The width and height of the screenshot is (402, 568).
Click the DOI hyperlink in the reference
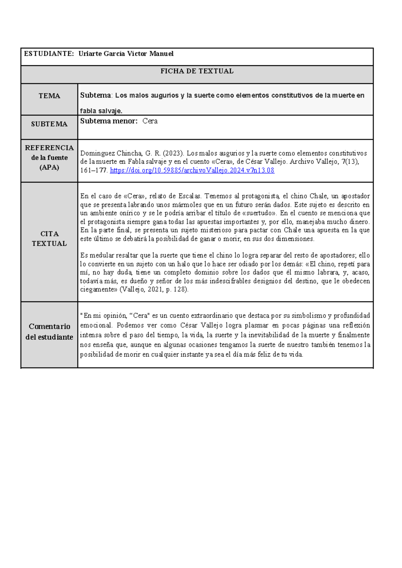point(192,170)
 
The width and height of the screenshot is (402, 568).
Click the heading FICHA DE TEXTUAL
point(197,71)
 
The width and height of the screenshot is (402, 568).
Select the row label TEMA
point(49,96)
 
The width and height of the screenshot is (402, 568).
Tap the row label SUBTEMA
point(49,124)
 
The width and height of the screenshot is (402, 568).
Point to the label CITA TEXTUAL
point(49,238)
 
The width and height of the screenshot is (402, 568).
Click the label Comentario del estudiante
point(49,332)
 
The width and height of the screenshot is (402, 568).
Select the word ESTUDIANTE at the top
point(48,54)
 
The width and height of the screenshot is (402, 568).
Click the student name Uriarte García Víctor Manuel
point(126,54)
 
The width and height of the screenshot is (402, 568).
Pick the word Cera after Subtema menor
point(150,121)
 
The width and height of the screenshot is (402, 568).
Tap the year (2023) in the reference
point(173,153)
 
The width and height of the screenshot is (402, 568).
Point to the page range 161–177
point(93,170)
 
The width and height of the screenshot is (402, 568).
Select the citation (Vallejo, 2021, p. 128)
point(154,289)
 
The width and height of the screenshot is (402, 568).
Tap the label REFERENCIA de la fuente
point(49,157)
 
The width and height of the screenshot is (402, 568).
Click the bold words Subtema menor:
point(109,121)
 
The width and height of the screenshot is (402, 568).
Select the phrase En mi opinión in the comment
point(104,315)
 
